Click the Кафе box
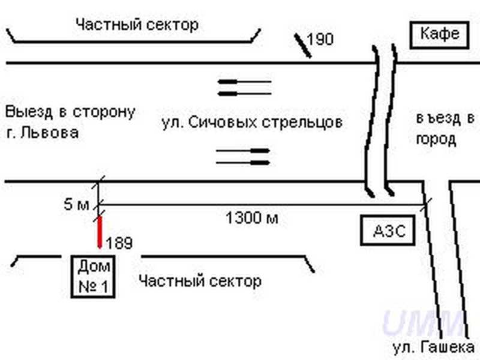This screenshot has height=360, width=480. pyautogui.click(x=439, y=35)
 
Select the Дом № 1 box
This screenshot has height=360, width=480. pyautogui.click(x=94, y=276)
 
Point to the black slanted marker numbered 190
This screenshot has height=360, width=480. pyautogui.click(x=302, y=46)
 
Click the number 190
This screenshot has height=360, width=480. pyautogui.click(x=320, y=40)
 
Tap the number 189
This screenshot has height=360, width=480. pyautogui.click(x=119, y=243)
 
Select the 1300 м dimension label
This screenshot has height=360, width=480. pyautogui.click(x=252, y=218)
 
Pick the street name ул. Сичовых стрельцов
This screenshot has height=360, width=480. pyautogui.click(x=252, y=123)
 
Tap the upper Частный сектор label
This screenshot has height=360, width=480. pyautogui.click(x=137, y=25)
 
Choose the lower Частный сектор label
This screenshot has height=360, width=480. pyautogui.click(x=200, y=281)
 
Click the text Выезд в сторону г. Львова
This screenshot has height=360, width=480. pyautogui.click(x=69, y=122)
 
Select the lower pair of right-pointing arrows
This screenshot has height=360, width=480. pyautogui.click(x=242, y=156)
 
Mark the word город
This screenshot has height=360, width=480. pyautogui.click(x=436, y=140)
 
